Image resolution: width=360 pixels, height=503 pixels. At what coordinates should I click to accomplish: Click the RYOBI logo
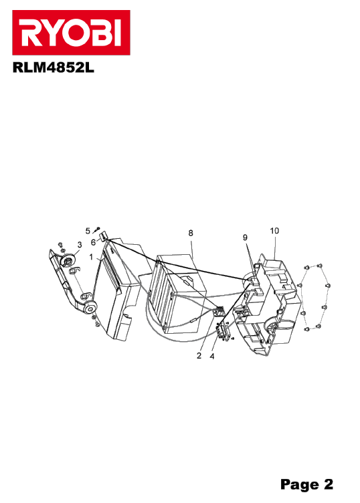[x=71, y=32]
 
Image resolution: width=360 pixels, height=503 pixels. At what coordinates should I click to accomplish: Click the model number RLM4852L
[x=54, y=68]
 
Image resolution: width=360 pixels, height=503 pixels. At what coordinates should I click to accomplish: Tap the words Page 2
[x=306, y=484]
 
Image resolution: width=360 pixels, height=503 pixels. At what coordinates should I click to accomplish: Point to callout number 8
[x=191, y=233]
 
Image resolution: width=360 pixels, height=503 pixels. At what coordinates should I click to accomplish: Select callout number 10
[x=274, y=231]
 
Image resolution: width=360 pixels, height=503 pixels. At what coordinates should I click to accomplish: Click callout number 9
[x=245, y=237]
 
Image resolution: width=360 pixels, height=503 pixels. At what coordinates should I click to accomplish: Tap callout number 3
[x=80, y=245]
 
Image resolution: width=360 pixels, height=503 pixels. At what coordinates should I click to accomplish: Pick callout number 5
[x=88, y=231]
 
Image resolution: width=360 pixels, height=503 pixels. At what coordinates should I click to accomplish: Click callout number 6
[x=93, y=243]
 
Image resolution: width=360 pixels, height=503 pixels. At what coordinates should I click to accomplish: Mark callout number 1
[x=91, y=258]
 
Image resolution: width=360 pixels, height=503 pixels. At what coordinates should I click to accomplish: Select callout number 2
[x=199, y=355]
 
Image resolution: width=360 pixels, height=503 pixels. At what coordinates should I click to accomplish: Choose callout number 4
[x=212, y=356]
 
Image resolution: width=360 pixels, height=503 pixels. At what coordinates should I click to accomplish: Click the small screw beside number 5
[x=96, y=229]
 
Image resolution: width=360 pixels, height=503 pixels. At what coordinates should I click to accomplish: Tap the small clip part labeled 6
[x=104, y=237]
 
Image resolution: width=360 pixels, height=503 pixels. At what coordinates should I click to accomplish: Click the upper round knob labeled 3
[x=69, y=259]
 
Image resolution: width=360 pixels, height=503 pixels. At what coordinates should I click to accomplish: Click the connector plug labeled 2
[x=219, y=311]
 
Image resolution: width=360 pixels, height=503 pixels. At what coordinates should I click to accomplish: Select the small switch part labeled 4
[x=223, y=331]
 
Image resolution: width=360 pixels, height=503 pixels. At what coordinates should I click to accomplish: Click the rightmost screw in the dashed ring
[x=328, y=286]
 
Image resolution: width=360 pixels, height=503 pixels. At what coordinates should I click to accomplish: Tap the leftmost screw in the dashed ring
[x=300, y=285]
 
